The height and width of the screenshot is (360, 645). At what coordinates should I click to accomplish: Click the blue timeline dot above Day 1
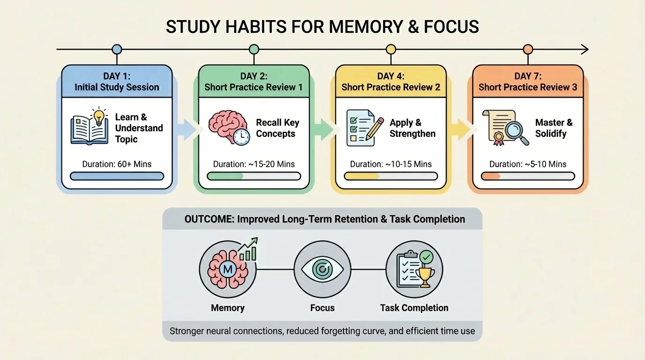[x=117, y=50]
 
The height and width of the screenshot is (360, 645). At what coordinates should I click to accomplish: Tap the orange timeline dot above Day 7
[x=528, y=50]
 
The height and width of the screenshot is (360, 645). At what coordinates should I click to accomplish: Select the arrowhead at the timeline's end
[x=585, y=50]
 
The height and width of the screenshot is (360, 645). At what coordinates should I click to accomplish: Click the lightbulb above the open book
[x=99, y=116]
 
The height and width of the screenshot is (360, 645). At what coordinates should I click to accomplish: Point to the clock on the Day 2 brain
[x=241, y=137]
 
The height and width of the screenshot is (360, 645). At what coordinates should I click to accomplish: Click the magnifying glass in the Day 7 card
[x=517, y=133]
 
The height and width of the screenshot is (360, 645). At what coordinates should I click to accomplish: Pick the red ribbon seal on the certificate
[x=498, y=139]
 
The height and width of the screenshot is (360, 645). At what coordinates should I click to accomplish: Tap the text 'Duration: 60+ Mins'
[x=117, y=164]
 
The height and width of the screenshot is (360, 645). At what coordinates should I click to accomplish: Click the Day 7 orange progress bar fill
[x=491, y=176]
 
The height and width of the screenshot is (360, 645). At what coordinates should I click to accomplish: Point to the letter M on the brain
[x=228, y=269]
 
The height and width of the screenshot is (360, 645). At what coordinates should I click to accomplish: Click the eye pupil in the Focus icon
[x=322, y=269]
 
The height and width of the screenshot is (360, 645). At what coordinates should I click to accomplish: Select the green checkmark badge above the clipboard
[x=426, y=257]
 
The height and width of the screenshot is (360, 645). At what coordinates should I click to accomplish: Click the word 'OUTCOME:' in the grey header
[x=210, y=219]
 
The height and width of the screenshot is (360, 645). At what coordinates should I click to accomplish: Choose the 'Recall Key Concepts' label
[x=277, y=128]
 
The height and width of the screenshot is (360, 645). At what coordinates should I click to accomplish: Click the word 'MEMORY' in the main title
[x=366, y=27]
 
